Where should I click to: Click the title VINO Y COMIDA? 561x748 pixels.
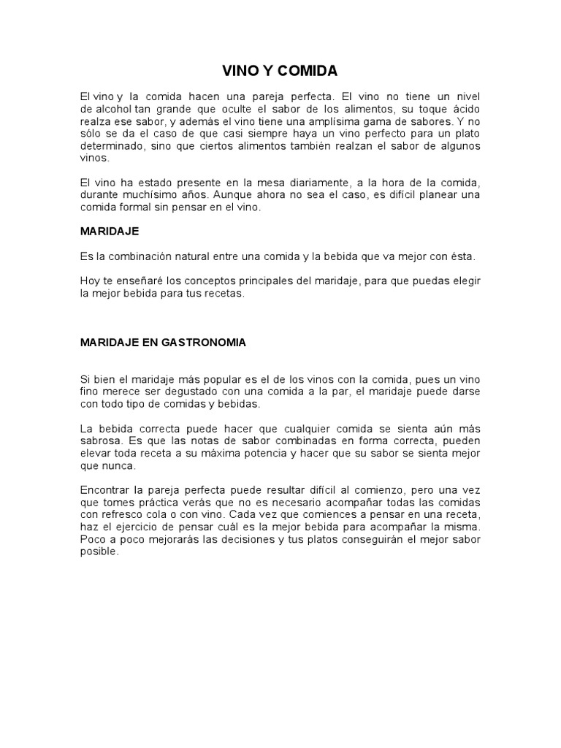click(x=280, y=71)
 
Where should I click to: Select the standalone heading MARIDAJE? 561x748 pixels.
click(x=109, y=231)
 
